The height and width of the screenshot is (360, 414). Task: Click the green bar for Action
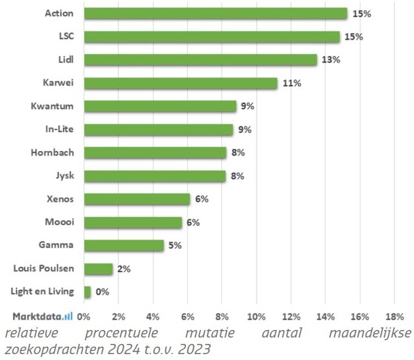[x=216, y=13]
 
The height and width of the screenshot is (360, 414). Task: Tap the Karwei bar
[x=181, y=83]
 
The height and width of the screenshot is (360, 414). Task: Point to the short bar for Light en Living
[x=88, y=291]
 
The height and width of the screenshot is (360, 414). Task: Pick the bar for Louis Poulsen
[x=99, y=268]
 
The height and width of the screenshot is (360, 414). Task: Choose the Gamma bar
[x=124, y=246]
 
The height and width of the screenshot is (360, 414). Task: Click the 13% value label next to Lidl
[x=331, y=60]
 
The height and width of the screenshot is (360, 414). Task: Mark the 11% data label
[x=292, y=83]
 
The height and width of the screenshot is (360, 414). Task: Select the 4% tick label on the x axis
[x=153, y=315]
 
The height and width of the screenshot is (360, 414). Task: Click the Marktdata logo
[x=42, y=315]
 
